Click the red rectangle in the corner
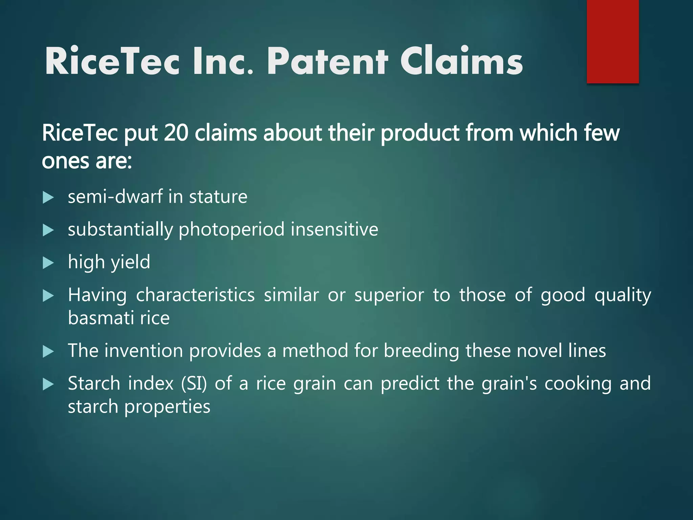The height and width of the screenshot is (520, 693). coord(612,41)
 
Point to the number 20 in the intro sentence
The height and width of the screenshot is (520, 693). coord(176,133)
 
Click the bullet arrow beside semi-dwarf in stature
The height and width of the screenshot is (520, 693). coord(48,197)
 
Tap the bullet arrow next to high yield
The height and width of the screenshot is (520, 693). coord(48,263)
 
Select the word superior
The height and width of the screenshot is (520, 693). coord(389,295)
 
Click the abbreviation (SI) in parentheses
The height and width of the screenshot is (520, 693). coord(194,384)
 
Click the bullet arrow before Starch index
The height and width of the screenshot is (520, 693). coord(48,385)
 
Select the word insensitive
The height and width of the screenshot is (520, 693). coord(334,230)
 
